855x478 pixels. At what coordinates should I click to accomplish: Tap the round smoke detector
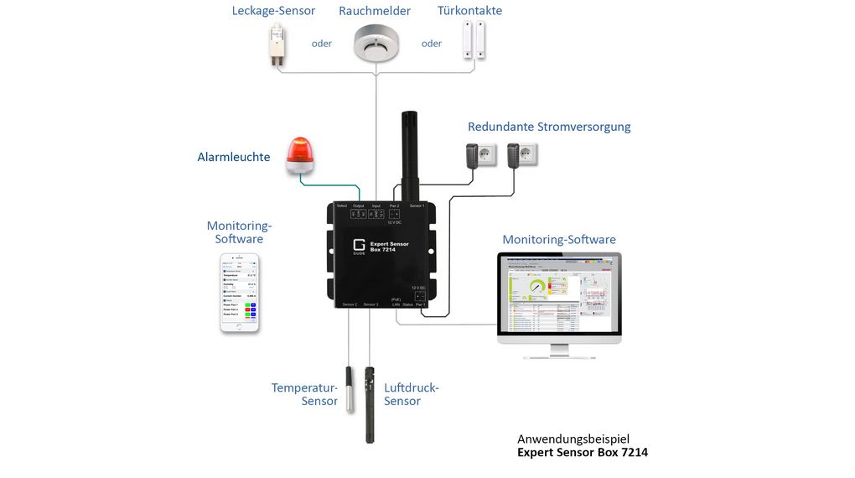click(375, 42)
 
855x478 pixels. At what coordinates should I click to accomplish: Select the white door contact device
click(474, 39)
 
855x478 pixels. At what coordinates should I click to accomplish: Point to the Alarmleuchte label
click(234, 157)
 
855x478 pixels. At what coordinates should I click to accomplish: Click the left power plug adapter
click(478, 155)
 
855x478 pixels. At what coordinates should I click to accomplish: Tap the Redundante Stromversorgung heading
click(549, 127)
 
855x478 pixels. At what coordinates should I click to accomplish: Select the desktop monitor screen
click(558, 294)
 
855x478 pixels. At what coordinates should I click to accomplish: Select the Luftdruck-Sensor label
click(411, 394)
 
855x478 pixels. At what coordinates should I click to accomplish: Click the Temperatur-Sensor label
click(304, 394)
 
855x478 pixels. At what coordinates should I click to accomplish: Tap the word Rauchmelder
click(375, 11)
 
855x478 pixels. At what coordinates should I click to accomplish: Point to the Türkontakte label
click(470, 11)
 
